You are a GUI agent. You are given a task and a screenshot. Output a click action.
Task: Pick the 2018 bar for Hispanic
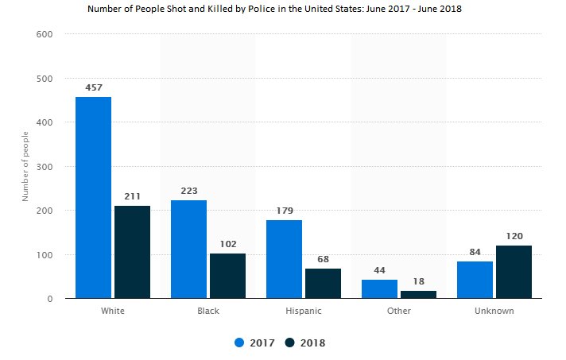coord(323,283)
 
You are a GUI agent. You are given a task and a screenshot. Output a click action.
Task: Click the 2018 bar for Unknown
coord(514,272)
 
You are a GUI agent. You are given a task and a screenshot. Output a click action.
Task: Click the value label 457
coord(93,87)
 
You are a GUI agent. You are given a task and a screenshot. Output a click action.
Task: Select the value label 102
coord(227,244)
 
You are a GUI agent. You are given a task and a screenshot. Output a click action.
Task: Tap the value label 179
coord(284,211)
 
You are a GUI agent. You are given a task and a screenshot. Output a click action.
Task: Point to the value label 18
coord(418,281)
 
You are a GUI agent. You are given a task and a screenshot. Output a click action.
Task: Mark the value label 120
coord(514,236)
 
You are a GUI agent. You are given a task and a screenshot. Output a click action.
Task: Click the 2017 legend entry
coord(255,343)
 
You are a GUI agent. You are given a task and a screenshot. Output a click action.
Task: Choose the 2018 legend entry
coord(305,343)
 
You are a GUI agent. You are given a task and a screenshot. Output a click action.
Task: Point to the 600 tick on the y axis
coord(45,34)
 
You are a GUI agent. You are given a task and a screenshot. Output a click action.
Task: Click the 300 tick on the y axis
coord(45,167)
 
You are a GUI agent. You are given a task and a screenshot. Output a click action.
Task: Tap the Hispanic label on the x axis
coord(303,311)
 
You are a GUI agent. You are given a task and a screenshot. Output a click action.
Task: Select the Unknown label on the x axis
coord(494,311)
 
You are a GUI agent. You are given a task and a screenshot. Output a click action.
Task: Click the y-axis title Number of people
coord(25,166)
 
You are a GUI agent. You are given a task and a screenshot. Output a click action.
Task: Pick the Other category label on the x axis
coord(398,311)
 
